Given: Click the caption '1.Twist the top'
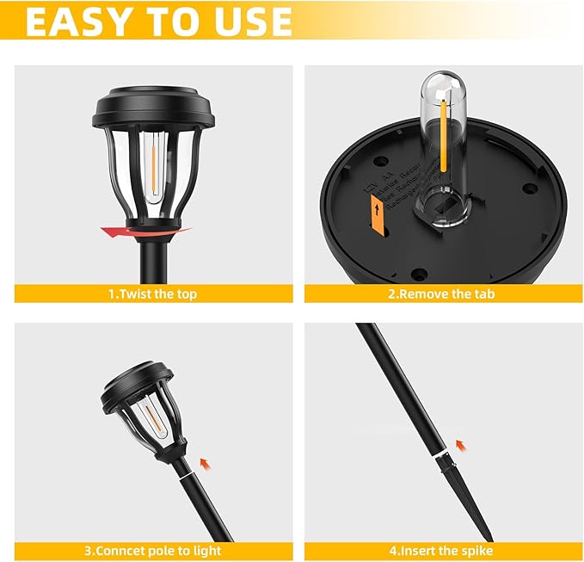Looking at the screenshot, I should click(x=152, y=293).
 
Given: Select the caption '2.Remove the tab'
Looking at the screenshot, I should click(x=441, y=293).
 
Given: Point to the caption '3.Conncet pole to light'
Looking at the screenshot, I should click(x=152, y=550).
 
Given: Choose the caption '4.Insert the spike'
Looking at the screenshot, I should click(x=441, y=550).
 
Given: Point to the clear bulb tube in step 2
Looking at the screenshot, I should click(x=440, y=138).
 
